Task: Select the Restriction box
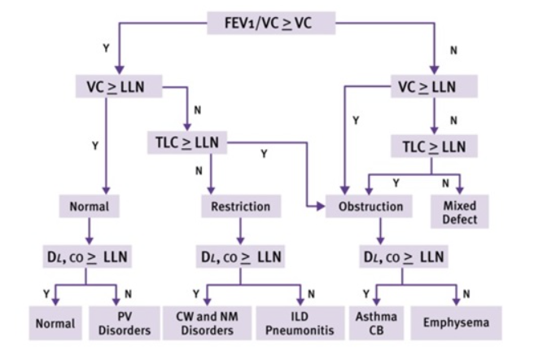pos(240,206)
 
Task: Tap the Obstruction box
pos(370,206)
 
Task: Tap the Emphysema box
pos(456,323)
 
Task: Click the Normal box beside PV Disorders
pos(55,323)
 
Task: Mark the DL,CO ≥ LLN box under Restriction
pos(240,257)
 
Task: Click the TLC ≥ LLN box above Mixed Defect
pos(434,147)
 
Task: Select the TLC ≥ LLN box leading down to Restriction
pos(186,141)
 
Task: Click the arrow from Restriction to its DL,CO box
pos(240,231)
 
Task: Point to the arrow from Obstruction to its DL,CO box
pos(379,231)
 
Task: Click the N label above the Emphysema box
pos(466,293)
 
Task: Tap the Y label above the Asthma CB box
pos(365,293)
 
